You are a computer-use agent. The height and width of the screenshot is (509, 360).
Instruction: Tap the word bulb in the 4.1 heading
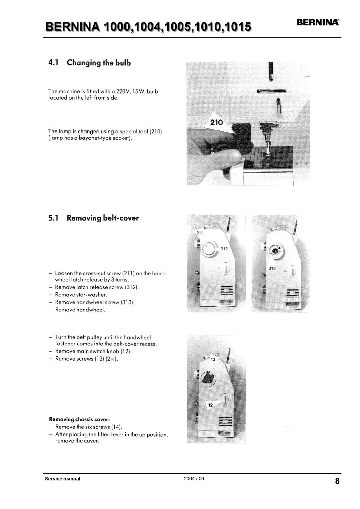click(x=123, y=63)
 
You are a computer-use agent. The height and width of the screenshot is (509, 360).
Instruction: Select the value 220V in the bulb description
click(x=122, y=91)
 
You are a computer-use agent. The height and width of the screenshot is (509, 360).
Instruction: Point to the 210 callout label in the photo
click(x=217, y=122)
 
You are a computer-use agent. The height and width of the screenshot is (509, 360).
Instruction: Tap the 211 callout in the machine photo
click(x=200, y=233)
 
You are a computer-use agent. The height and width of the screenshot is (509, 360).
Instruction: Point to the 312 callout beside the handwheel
click(x=224, y=249)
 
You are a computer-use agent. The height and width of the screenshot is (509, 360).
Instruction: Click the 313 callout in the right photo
click(x=272, y=268)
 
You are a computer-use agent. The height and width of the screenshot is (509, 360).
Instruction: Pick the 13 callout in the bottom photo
click(x=213, y=359)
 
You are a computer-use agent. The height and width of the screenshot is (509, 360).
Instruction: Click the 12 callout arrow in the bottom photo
click(x=211, y=405)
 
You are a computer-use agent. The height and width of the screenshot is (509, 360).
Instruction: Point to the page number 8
click(x=337, y=481)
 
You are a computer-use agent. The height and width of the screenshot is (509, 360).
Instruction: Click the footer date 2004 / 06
click(x=194, y=478)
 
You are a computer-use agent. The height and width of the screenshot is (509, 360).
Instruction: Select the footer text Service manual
click(x=63, y=479)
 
